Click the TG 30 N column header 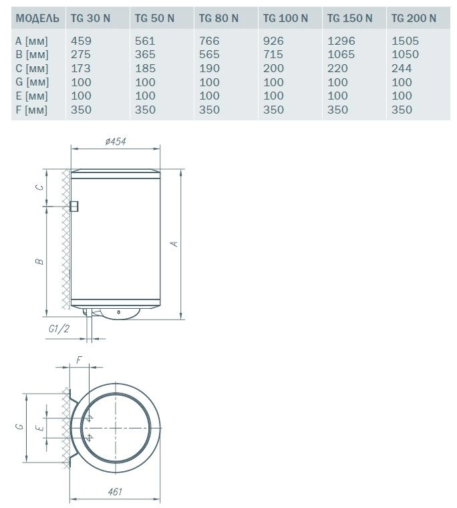coord(90,18)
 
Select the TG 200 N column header coord(414,18)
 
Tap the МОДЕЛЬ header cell coord(37,19)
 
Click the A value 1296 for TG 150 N coord(341,41)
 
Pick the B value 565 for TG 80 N coord(209,54)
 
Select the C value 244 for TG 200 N coord(402,68)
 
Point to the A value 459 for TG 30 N coord(81,41)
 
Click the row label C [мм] coord(32,69)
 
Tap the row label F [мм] coord(31,110)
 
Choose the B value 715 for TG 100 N coord(273,54)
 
